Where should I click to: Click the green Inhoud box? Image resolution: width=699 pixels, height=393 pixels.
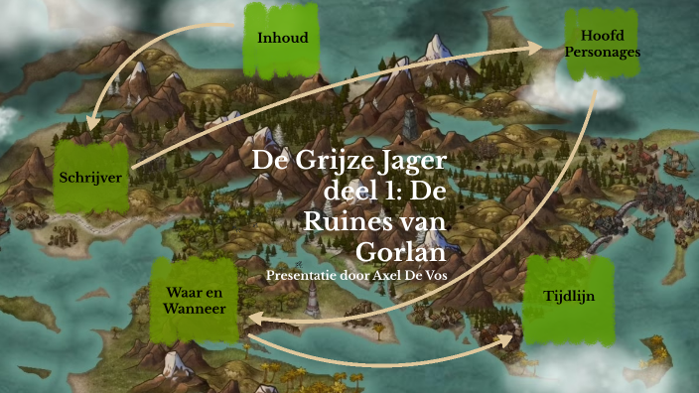pos(282,39)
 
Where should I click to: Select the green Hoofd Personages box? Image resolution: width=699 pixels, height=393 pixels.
pos(602,43)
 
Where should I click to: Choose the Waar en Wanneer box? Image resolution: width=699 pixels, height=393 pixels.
pos(196,301)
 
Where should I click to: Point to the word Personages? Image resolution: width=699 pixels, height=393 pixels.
pos(603,51)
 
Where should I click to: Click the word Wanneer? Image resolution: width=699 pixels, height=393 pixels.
pos(196,310)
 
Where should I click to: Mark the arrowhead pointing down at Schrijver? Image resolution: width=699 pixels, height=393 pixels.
pos(91,125)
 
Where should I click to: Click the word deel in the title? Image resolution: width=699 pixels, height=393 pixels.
pos(350,192)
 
